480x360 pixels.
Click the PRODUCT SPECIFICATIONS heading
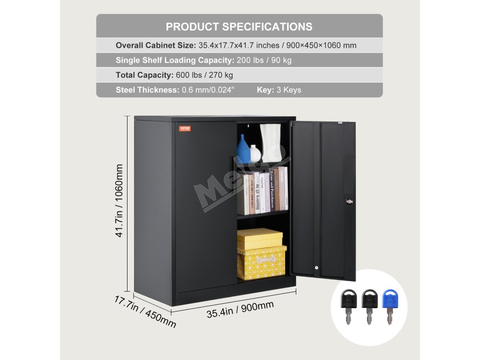coord(239,26)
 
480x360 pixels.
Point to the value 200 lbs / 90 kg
coord(264,60)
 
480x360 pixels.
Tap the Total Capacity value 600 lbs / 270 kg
coord(204,75)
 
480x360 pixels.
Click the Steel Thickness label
coord(148,90)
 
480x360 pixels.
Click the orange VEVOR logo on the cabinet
coord(185,128)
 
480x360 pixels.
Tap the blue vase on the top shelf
coord(244,149)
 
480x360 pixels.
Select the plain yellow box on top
coord(259,238)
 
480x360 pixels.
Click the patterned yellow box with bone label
coord(262,262)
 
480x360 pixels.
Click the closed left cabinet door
coord(205,206)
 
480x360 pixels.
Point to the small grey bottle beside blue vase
coord(255,153)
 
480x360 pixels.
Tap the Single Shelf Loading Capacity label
coord(174,60)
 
